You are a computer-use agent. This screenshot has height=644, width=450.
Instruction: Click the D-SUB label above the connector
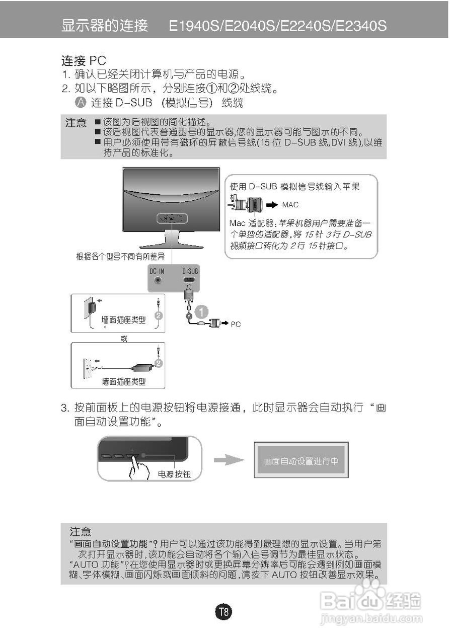point(190,271)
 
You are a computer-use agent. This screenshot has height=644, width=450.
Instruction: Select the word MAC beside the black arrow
point(290,205)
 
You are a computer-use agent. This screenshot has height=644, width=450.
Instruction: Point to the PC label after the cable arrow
point(236,325)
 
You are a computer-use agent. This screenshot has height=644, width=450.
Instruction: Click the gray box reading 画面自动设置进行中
point(301,461)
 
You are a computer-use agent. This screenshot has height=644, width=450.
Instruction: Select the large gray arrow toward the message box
point(229,460)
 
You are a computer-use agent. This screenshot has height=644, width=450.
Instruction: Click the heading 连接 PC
point(84,61)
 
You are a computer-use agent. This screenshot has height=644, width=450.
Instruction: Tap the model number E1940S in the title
point(194,26)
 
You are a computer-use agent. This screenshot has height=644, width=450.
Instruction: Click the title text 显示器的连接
point(105,26)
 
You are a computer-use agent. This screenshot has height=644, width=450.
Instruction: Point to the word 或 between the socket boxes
point(124,339)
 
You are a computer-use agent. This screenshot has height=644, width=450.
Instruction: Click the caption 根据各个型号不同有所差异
point(120,257)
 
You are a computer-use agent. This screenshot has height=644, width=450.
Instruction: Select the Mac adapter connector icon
point(249,205)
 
